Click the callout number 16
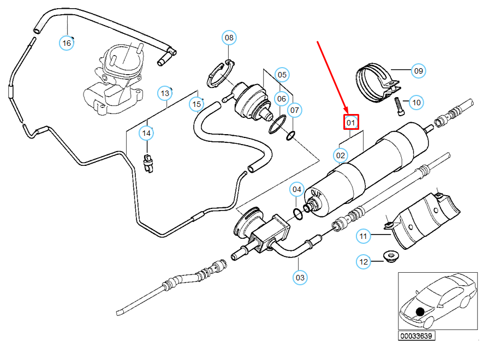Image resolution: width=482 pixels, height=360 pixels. pos(67,43)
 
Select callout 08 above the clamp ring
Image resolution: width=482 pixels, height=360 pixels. pos(229,38)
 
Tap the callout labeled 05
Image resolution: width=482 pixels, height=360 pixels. pos(282,75)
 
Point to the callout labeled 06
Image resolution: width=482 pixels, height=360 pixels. pos(282,99)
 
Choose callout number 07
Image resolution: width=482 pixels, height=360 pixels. pos(294,110)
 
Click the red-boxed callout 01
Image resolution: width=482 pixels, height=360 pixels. pos(351,122)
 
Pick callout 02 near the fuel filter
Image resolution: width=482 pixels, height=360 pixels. pos(341,155)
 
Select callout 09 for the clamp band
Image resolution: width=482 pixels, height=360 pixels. pos(419,71)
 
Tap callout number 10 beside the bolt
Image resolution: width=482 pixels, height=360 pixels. pos(416,103)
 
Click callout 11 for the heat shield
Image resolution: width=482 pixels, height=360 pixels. pos(364,236)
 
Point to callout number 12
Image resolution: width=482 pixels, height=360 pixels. pos(364,262)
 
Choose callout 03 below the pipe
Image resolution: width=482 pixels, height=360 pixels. pos(300,278)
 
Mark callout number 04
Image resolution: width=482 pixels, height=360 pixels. pos(296,189)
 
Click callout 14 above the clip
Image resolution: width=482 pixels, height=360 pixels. pos(146,133)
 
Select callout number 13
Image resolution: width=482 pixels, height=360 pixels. pos(165,93)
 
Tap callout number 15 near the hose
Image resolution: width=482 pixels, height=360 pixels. pos(197,104)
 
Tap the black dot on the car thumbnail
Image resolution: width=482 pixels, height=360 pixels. pos(420,312)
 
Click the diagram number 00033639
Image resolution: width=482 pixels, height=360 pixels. pos(416,336)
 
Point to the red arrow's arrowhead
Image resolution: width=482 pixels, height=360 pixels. pos(346,110)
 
